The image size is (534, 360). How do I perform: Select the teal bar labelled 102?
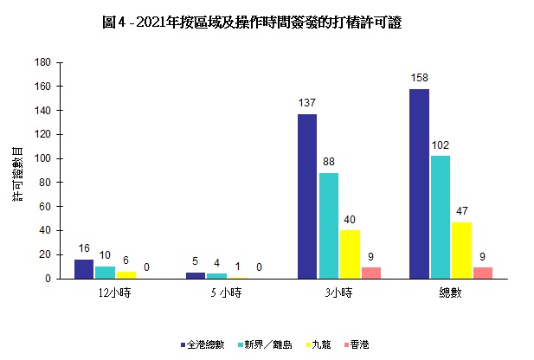pos(441,217)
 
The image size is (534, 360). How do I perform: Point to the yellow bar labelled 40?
pos(350,254)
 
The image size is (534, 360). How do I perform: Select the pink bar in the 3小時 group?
pos(370,273)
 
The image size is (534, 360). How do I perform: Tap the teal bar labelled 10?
pos(105,273)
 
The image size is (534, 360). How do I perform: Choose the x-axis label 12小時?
pos(115,293)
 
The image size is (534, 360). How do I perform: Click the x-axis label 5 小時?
pos(227,293)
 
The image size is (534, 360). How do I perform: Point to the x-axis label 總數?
pos(450,293)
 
